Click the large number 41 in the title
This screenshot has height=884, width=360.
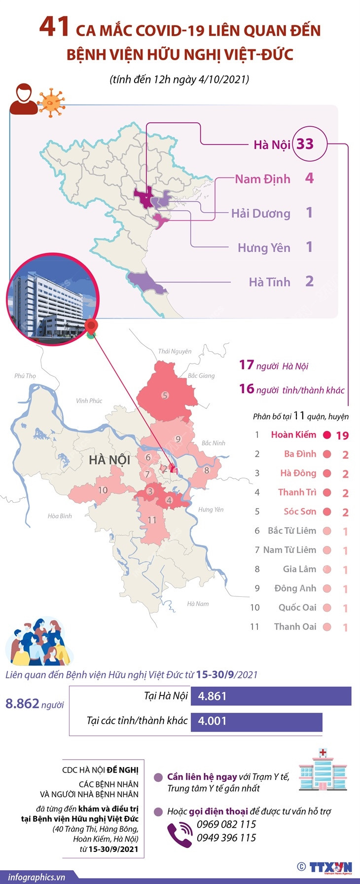(x=54, y=27)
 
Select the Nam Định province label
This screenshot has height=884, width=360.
(x=262, y=179)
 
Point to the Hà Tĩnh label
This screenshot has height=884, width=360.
(x=269, y=282)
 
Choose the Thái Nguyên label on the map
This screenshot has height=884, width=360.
(x=175, y=351)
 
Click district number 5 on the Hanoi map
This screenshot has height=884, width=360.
(x=165, y=395)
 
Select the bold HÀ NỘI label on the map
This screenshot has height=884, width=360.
(x=109, y=460)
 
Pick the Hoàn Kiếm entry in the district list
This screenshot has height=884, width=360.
(x=293, y=435)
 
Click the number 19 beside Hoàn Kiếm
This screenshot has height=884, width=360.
(x=342, y=436)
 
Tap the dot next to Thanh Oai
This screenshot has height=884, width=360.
(x=326, y=626)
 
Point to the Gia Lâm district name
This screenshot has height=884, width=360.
(x=299, y=569)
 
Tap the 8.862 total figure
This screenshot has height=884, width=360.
(x=22, y=703)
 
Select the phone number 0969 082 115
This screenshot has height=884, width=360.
(x=226, y=824)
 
